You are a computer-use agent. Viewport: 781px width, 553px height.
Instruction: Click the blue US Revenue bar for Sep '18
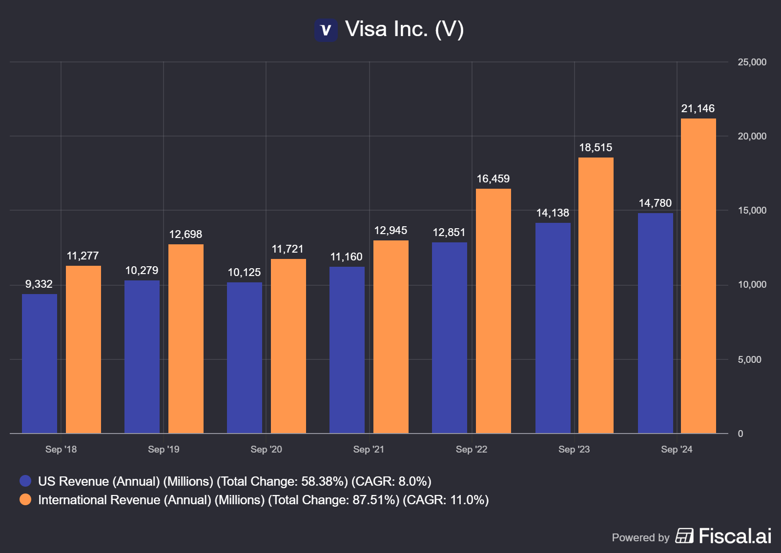click(40, 363)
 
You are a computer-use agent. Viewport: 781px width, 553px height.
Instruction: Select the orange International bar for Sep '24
click(698, 276)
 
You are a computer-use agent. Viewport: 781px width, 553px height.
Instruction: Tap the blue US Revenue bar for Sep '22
click(450, 337)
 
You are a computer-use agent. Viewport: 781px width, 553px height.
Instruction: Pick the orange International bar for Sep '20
click(288, 346)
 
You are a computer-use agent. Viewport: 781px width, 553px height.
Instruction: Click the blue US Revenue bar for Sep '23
click(553, 328)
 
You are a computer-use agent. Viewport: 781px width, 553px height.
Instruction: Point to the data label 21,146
click(698, 108)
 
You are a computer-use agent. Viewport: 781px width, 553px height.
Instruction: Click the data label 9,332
click(39, 284)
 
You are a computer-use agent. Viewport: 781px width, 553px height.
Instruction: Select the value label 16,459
click(493, 178)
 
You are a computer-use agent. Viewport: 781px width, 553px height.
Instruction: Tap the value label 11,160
click(346, 257)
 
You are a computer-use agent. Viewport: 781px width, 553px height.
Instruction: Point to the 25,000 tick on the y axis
click(752, 62)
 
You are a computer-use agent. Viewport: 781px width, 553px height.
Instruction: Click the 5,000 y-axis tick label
click(749, 359)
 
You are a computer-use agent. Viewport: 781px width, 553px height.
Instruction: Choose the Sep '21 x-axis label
click(369, 449)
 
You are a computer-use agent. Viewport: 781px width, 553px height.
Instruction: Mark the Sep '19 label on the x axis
click(164, 449)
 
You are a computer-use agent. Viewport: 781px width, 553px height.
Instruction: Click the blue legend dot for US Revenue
click(25, 481)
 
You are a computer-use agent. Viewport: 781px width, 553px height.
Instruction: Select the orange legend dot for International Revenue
click(25, 499)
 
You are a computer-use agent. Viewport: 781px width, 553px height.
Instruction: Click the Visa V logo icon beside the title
click(326, 30)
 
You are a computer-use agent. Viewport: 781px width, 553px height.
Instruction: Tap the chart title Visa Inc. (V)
click(404, 29)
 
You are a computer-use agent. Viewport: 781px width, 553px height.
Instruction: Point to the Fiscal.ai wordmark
click(735, 536)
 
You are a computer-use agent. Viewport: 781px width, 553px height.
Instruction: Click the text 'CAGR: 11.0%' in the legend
click(446, 500)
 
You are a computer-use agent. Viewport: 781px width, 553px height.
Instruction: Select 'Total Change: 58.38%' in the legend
click(282, 481)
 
